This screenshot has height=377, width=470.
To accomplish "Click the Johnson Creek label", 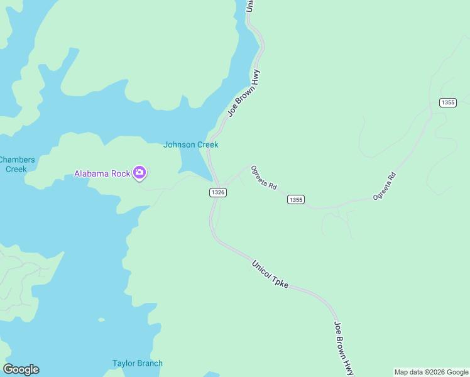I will (190, 145).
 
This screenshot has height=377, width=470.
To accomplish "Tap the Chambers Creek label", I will (17, 164).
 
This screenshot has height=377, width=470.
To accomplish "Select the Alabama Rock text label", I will (102, 173).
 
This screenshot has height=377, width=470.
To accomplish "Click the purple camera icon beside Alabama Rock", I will (139, 173).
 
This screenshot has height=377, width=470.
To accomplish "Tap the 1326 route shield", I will (217, 192).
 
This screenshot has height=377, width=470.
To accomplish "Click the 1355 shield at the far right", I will (447, 102).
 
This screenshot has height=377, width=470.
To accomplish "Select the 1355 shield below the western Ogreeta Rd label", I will (296, 200).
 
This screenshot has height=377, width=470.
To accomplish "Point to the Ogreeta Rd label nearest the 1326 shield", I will (264, 177).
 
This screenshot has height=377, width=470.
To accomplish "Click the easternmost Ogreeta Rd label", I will (385, 186).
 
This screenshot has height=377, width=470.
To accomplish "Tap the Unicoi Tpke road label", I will (270, 275).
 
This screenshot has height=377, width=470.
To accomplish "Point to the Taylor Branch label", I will (138, 363).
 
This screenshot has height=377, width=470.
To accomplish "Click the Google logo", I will (21, 369).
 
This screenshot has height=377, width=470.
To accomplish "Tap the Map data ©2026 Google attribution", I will (431, 372).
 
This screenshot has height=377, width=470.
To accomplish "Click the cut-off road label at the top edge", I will (249, 6).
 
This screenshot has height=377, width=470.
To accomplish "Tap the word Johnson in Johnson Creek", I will (179, 145).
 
